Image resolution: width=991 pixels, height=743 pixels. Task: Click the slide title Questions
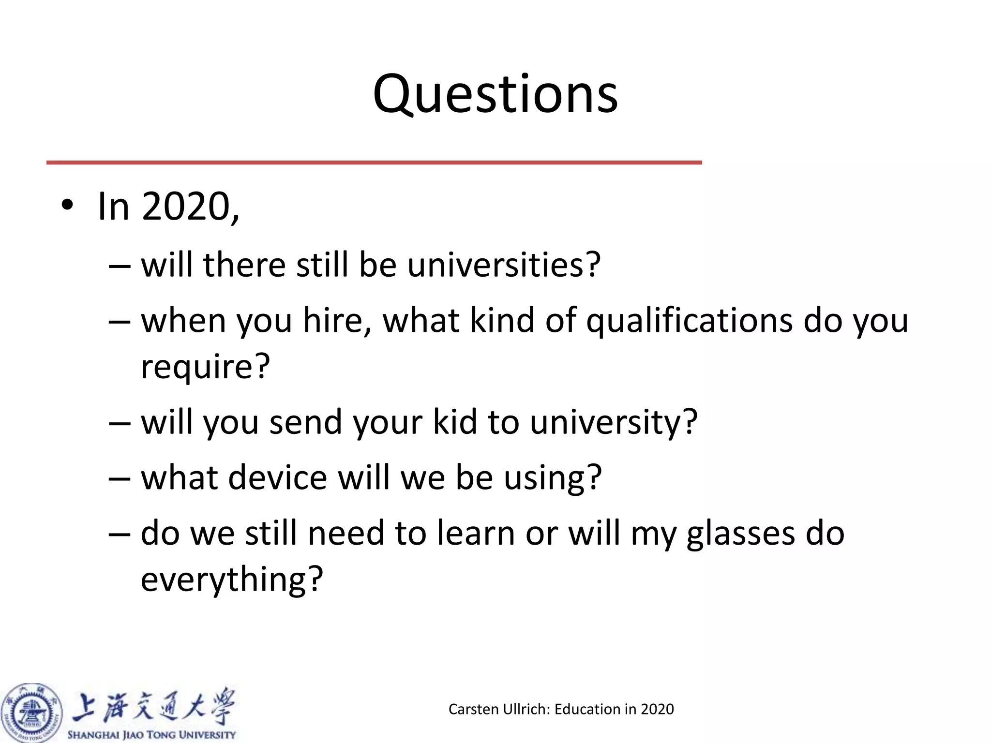495,94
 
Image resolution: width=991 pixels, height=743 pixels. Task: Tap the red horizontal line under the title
374,163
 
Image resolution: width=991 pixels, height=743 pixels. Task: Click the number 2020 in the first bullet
186,207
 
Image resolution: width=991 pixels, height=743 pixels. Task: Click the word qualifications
689,321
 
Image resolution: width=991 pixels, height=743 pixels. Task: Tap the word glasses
741,534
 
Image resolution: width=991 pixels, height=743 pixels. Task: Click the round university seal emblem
32,713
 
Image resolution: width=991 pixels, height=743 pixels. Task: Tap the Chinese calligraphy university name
153,706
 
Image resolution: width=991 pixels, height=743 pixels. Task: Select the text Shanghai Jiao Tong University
151,735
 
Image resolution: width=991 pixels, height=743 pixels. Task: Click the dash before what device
120,478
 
